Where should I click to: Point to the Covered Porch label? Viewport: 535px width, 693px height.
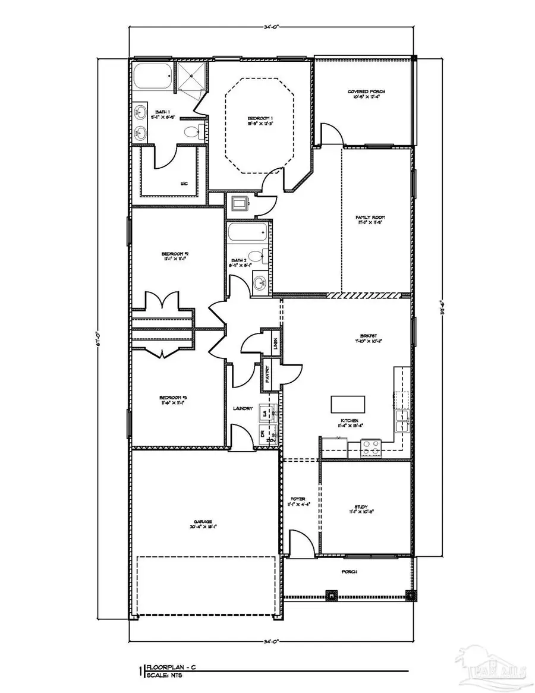click(x=366, y=91)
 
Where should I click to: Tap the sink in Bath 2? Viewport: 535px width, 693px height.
click(x=260, y=283)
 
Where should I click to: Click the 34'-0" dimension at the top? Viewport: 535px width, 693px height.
click(x=273, y=26)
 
